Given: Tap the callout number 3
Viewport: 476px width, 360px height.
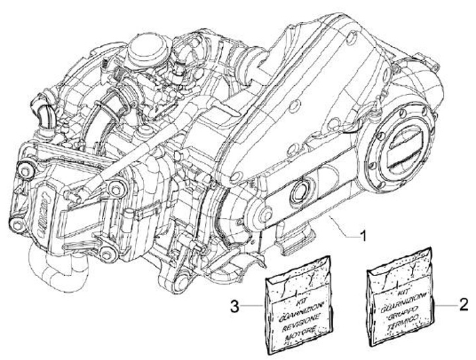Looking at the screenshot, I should click(235, 305).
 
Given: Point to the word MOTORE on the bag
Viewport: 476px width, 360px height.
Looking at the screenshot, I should click(301, 325).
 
